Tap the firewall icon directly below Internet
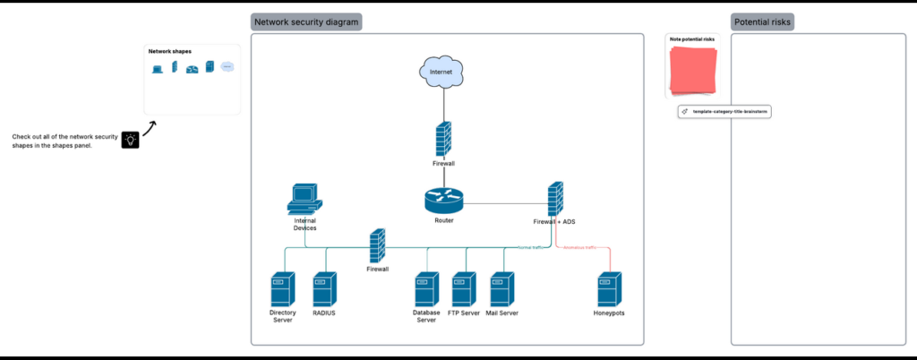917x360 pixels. [x=443, y=140]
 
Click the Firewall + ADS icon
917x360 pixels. [x=555, y=197]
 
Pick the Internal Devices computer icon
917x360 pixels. [x=304, y=199]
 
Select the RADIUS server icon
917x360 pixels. [x=324, y=289]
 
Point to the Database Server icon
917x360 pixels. [x=426, y=289]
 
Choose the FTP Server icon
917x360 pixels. [x=464, y=289]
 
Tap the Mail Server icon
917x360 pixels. [x=501, y=289]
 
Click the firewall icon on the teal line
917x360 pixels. [x=377, y=244]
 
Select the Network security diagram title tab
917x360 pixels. [x=305, y=22]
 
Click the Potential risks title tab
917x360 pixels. [x=762, y=22]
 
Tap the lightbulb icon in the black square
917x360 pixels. [x=131, y=140]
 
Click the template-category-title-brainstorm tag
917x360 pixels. [x=725, y=112]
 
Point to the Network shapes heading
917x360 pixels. [x=170, y=51]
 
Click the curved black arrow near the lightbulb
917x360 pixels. [x=149, y=130]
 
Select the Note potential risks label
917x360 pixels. [x=692, y=39]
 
